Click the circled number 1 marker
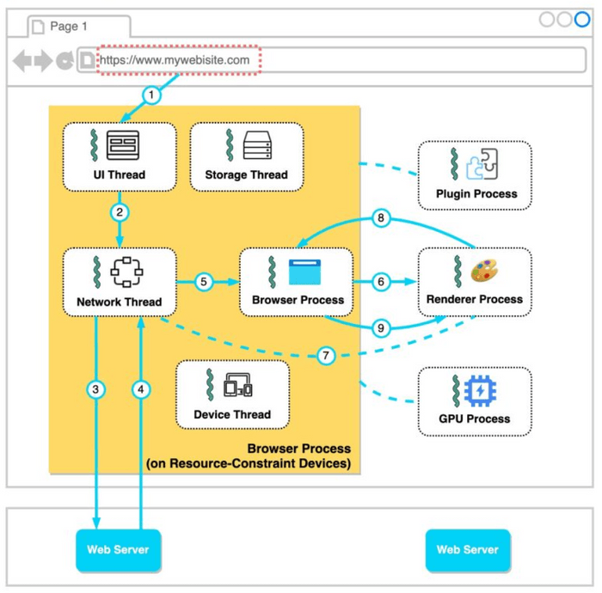[152, 95]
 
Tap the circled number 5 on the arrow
[203, 282]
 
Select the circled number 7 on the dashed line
[326, 356]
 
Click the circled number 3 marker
[96, 389]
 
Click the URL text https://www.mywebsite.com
[175, 60]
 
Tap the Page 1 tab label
[69, 27]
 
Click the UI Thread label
[120, 174]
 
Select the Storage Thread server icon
[257, 145]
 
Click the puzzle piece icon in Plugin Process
[482, 164]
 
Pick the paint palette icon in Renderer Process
[486, 272]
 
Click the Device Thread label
[232, 414]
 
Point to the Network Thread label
[120, 302]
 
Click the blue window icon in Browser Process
[304, 272]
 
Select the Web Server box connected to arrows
[119, 550]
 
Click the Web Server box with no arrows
[468, 550]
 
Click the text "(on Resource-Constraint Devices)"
[249, 463]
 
